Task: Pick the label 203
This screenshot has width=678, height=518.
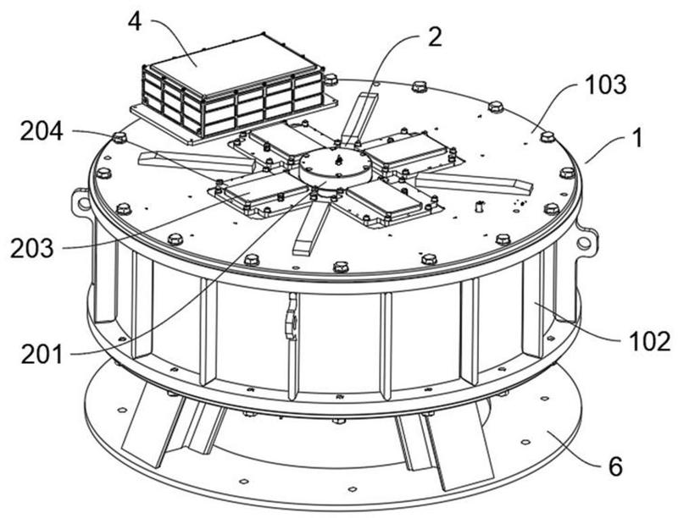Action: pyautogui.click(x=31, y=250)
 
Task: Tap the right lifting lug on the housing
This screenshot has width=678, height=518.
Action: pyautogui.click(x=583, y=240)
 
